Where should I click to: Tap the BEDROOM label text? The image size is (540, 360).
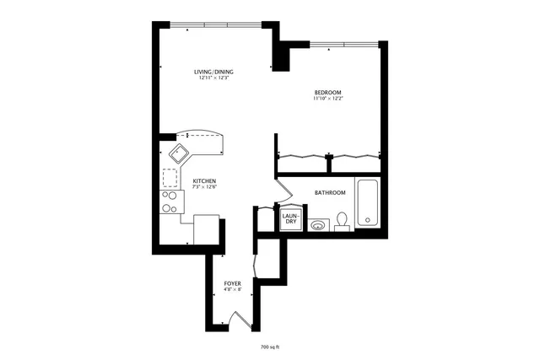[x=327, y=92]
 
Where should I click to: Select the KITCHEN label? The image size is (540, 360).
[x=205, y=181]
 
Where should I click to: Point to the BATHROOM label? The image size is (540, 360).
[x=330, y=193]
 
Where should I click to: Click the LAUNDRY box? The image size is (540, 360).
[x=290, y=219]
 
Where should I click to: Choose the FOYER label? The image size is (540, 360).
[x=232, y=283]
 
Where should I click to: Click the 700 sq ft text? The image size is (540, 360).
[x=270, y=347]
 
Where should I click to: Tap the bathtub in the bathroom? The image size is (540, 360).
[x=367, y=203]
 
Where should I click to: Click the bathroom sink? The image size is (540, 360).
[x=317, y=224]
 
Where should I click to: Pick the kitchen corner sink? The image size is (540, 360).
[x=180, y=153]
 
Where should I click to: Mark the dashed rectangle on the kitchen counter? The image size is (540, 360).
[x=170, y=179]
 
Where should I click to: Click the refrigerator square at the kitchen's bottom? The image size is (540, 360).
[x=207, y=229]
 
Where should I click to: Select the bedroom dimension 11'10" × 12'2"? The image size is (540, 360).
[x=327, y=99]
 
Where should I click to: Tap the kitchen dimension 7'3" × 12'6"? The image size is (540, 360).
[x=205, y=188]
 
